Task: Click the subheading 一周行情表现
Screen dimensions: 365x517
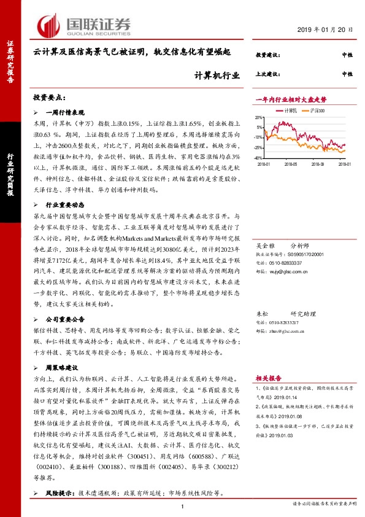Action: click(63, 112)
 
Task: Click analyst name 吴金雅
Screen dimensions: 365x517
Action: click(264, 243)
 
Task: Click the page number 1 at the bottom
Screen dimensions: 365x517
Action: click(182, 505)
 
